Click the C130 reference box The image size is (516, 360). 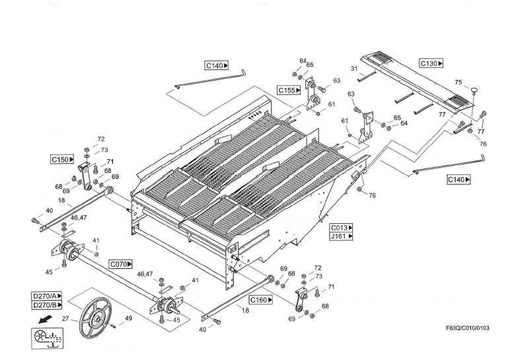pos(431,63)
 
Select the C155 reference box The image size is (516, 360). pos(289,90)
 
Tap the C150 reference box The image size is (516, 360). pos(62,159)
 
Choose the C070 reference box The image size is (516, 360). pos(120,264)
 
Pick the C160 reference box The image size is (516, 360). pos(261,299)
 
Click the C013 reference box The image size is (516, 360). pos(342,227)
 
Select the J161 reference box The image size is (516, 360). pos(342,236)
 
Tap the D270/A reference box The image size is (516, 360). pos(47,296)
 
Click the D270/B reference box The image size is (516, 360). pos(47,305)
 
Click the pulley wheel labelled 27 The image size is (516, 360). pos(92,320)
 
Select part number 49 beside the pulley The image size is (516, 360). pos(128,318)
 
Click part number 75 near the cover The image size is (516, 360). pos(458,83)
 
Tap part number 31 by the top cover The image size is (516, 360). pos(354,69)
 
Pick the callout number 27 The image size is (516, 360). pos(65,319)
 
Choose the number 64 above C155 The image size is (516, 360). pos(303,61)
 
